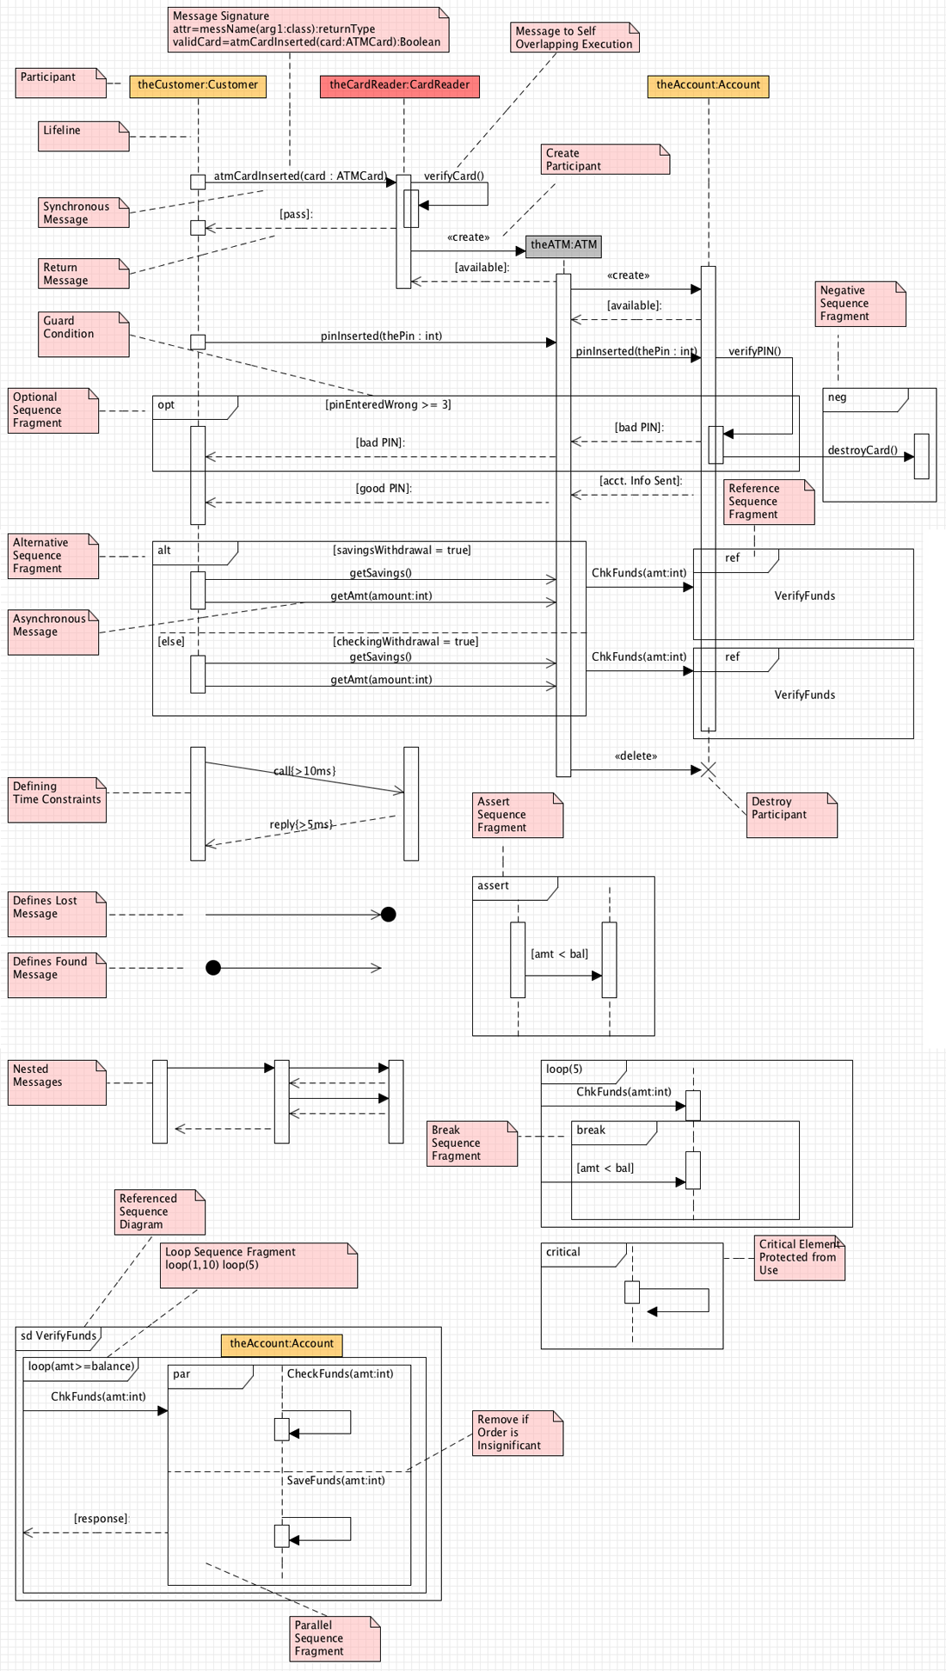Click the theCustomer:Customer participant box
[x=198, y=86]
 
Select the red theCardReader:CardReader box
[x=400, y=86]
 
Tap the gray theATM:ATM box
[x=563, y=245]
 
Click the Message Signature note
[x=309, y=29]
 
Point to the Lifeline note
[x=83, y=136]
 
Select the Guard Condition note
[x=83, y=334]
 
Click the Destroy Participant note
[x=792, y=815]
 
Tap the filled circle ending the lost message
[x=389, y=915]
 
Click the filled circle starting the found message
[x=213, y=968]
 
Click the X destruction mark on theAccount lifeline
[x=709, y=769]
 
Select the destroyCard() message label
[x=863, y=450]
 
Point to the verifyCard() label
[x=454, y=176]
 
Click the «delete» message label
[x=636, y=756]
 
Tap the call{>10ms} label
[x=304, y=771]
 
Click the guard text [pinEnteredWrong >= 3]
[x=388, y=404]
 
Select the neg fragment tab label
[x=837, y=398]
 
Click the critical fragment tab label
[x=563, y=1252]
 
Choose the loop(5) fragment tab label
[x=564, y=1069]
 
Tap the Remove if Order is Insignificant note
[x=518, y=1433]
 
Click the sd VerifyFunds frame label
[x=58, y=1336]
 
